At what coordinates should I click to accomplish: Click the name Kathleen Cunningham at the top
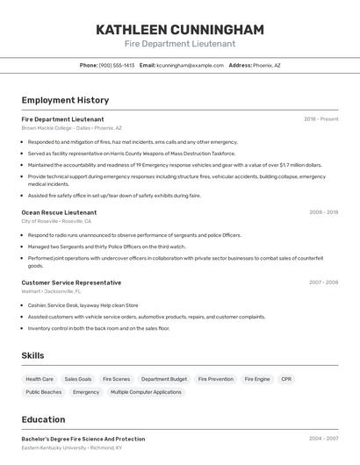[x=180, y=30]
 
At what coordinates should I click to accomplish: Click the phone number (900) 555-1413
[x=117, y=65]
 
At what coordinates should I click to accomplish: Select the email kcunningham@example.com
[x=191, y=65]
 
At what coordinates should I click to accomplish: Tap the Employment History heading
[x=65, y=101]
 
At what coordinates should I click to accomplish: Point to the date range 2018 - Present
[x=321, y=119]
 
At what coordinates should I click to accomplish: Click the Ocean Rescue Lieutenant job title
[x=59, y=212]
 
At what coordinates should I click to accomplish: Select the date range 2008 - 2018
[x=324, y=212]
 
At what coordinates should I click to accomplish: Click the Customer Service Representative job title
[x=71, y=283]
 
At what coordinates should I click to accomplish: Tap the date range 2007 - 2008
[x=324, y=283]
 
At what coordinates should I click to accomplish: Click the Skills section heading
[x=33, y=355]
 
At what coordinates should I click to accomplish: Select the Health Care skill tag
[x=40, y=379]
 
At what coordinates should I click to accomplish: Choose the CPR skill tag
[x=286, y=379]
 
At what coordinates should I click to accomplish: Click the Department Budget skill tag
[x=164, y=379]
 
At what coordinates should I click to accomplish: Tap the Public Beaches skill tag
[x=44, y=392]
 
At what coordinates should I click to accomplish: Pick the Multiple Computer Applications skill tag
[x=146, y=392]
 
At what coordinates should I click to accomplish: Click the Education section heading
[x=44, y=419]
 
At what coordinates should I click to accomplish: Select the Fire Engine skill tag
[x=257, y=379]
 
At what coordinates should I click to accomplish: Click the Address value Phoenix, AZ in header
[x=267, y=65]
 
